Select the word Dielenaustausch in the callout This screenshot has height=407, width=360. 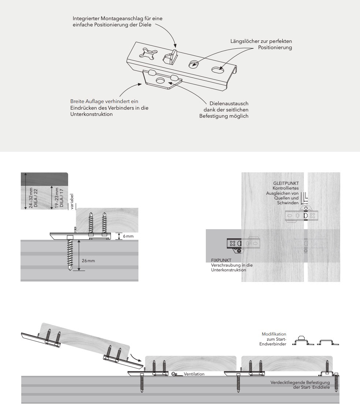point(229,104)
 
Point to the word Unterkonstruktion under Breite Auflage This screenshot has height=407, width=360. point(91,114)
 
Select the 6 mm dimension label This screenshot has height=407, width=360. point(128,236)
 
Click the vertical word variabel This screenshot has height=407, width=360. point(72,201)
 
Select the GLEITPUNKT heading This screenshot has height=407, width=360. point(286,183)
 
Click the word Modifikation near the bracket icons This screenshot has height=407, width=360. point(274,334)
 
